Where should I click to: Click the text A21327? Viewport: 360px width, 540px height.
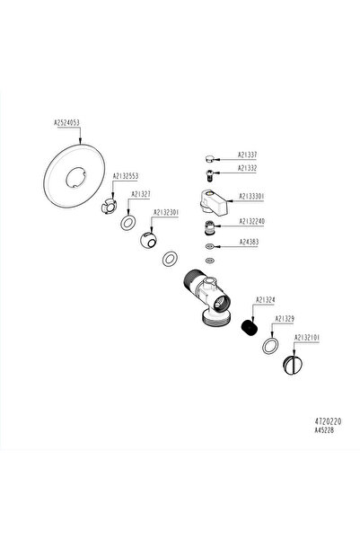(x=140, y=193)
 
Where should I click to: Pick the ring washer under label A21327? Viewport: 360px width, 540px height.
(x=130, y=221)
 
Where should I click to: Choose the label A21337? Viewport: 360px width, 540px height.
(x=249, y=154)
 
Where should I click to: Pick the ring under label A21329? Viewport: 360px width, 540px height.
(x=270, y=346)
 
